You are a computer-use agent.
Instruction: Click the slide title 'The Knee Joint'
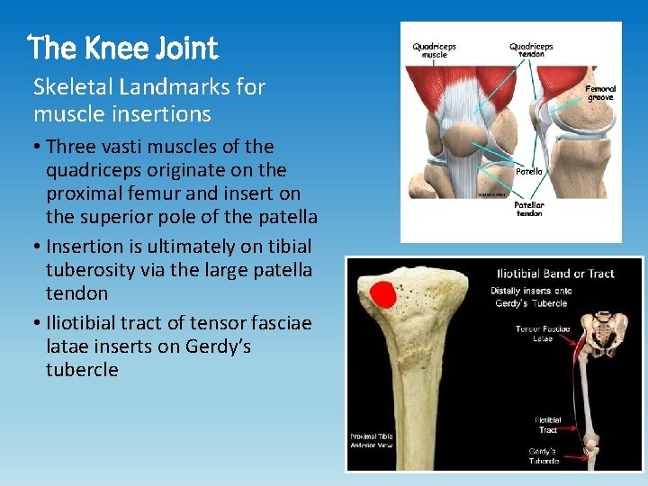pyautogui.click(x=123, y=47)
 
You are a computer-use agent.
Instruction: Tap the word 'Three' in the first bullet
pyautogui.click(x=69, y=147)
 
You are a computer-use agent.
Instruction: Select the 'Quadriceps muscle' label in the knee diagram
pyautogui.click(x=436, y=49)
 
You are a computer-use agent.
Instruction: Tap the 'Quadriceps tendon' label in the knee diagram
pyautogui.click(x=531, y=49)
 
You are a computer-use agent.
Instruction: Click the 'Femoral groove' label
pyautogui.click(x=600, y=93)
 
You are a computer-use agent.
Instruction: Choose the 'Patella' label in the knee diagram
pyautogui.click(x=528, y=171)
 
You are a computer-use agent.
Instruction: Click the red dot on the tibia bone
pyautogui.click(x=383, y=295)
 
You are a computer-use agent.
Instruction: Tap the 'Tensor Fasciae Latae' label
pyautogui.click(x=542, y=334)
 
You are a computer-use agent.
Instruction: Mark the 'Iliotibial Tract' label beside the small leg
pyautogui.click(x=548, y=425)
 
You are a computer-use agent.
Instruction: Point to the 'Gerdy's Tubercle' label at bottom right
pyautogui.click(x=544, y=455)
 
